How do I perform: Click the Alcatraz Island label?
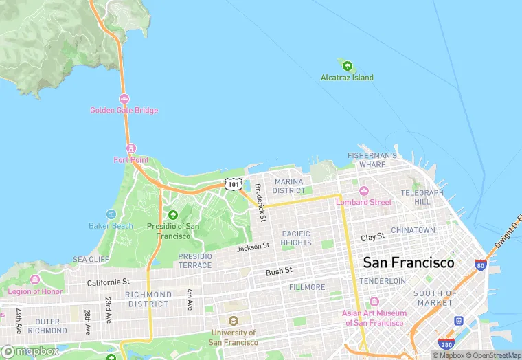click(347, 78)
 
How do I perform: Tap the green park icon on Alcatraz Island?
click(348, 66)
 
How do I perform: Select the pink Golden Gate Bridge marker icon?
click(124, 99)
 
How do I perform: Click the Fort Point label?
click(130, 160)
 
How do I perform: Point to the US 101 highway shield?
click(234, 184)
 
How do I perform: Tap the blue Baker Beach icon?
click(111, 214)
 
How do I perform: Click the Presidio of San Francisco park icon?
click(173, 215)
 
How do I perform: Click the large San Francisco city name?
click(408, 262)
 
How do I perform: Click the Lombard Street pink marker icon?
click(363, 191)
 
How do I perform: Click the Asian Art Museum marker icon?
click(374, 302)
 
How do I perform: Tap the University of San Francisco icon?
click(234, 321)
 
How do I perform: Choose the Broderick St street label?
click(260, 202)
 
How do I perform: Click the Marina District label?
click(288, 186)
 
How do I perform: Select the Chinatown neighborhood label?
click(413, 230)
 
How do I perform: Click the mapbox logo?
click(30, 351)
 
